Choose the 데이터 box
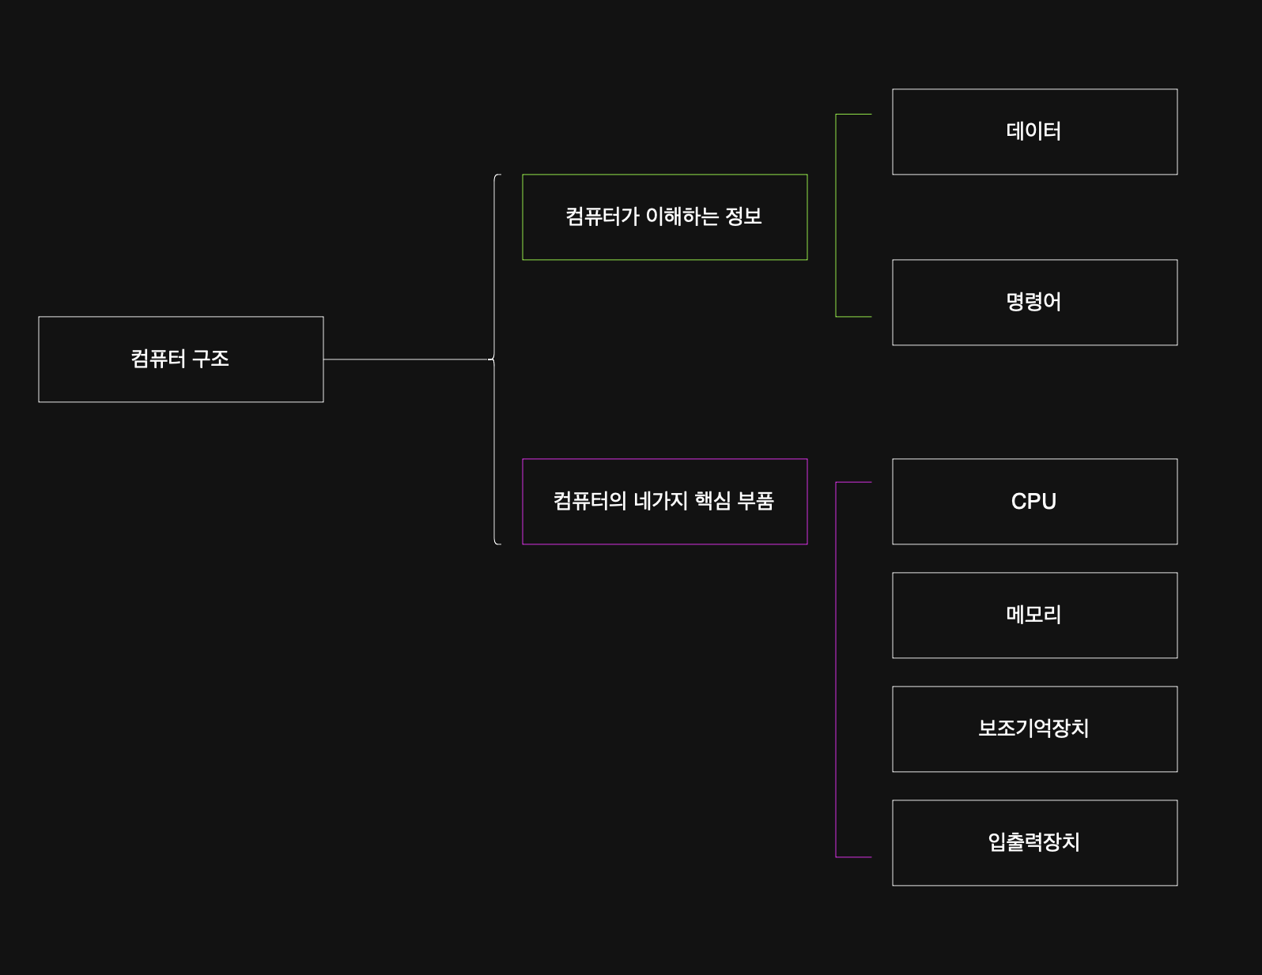(x=1034, y=132)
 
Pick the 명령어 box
(x=1034, y=303)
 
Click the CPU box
(x=1034, y=502)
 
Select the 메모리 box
(x=1034, y=615)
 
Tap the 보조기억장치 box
(x=1034, y=729)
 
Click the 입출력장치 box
(x=1034, y=843)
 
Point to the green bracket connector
(x=837, y=215)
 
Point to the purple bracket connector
(x=837, y=669)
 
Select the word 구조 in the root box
(x=210, y=360)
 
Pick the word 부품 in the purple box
(x=755, y=501)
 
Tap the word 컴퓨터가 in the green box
(x=602, y=216)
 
